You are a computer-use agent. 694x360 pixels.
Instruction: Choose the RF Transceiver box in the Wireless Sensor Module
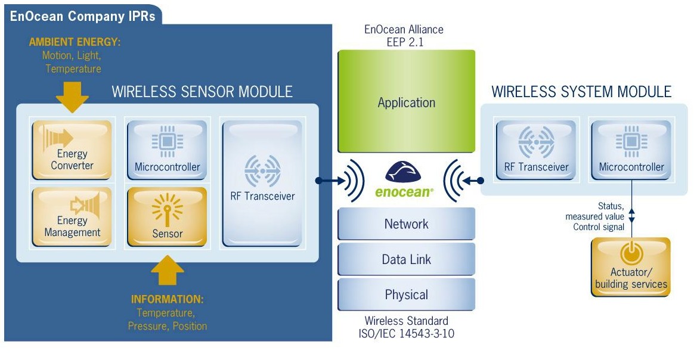coord(263,183)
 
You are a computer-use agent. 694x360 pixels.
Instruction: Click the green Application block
coord(407,101)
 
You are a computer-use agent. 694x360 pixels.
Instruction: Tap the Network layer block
coord(407,224)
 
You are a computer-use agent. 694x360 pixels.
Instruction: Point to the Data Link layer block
coord(407,259)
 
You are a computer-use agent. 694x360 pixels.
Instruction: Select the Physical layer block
coord(407,294)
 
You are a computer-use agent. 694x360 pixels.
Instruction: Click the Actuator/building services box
coord(631,266)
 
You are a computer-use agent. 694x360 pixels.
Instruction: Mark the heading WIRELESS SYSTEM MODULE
coord(581,92)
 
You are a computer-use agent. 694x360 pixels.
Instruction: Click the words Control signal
coord(599,227)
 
